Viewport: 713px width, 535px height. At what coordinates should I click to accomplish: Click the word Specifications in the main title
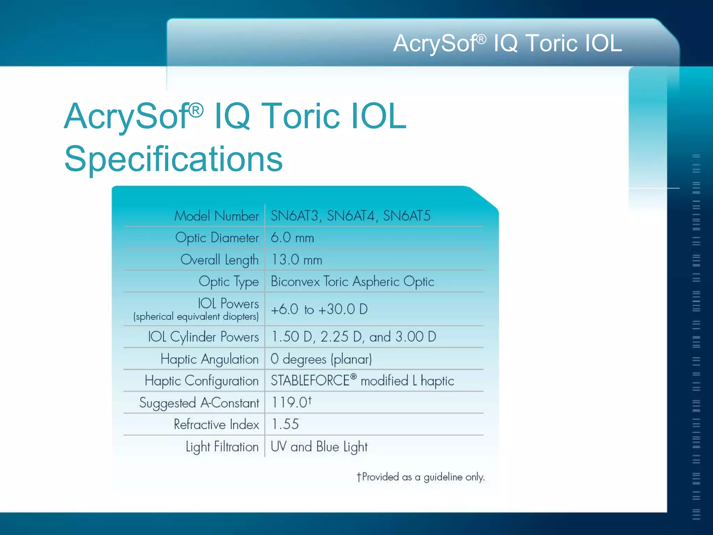click(173, 159)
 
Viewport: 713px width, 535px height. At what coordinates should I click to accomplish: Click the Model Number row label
click(217, 216)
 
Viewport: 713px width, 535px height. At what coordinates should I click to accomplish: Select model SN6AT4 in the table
click(351, 216)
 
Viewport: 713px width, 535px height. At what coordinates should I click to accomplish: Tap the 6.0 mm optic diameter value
click(292, 238)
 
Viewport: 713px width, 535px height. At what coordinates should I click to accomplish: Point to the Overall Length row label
click(219, 260)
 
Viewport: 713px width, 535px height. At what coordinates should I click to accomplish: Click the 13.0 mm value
click(297, 260)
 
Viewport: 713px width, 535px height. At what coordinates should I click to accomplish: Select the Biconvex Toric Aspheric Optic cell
click(352, 281)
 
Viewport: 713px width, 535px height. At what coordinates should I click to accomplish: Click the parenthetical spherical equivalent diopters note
click(196, 317)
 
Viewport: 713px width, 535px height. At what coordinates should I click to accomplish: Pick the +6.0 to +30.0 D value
click(319, 309)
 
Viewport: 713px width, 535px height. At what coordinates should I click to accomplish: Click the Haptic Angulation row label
click(210, 359)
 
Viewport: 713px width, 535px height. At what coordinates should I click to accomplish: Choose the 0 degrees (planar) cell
click(321, 359)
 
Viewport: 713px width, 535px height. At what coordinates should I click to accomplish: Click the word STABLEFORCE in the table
click(310, 381)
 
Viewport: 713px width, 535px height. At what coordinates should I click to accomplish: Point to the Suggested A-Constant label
click(199, 403)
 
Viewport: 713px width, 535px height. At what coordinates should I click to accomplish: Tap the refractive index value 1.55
click(285, 424)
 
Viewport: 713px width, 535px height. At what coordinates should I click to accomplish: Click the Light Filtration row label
click(222, 447)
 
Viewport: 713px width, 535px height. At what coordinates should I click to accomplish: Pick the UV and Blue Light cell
click(319, 447)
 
